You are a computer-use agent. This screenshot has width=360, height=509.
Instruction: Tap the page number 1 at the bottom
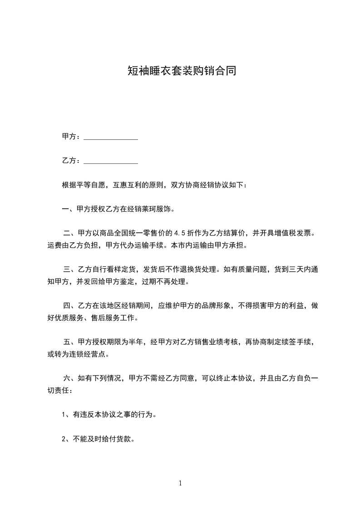click(180, 483)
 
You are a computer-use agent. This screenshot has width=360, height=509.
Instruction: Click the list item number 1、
click(65, 415)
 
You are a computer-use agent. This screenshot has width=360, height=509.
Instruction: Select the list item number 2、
click(65, 439)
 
